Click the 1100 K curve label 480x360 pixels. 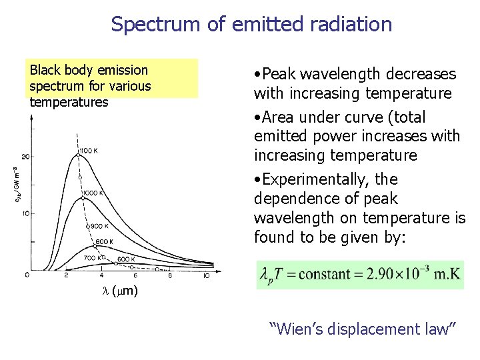[x=89, y=150]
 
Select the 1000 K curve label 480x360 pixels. [x=93, y=193]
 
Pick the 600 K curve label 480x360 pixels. [x=125, y=259]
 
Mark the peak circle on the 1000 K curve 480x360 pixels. [x=82, y=195]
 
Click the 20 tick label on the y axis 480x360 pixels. [x=25, y=156]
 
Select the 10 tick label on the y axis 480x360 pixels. [x=25, y=214]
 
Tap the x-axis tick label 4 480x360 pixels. [x=101, y=276]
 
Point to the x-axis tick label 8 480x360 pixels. [x=170, y=276]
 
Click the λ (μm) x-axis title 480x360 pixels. [x=123, y=291]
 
